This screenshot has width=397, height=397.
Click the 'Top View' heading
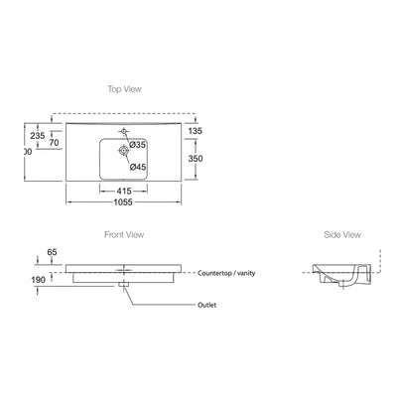(125, 88)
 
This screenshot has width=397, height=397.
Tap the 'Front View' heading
(125, 235)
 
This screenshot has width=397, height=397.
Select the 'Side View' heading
(341, 235)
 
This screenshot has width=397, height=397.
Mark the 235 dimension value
(39, 135)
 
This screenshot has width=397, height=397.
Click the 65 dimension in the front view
(52, 253)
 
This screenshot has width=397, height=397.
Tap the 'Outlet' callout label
(207, 307)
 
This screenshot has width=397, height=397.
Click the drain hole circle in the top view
(124, 152)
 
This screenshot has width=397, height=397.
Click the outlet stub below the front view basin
(124, 286)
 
